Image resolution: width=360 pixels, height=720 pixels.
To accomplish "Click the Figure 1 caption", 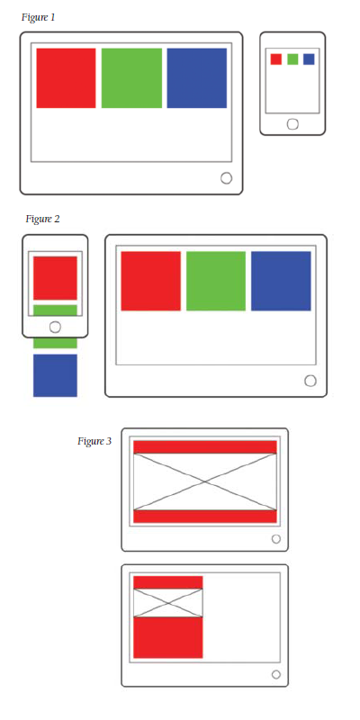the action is coord(39,17).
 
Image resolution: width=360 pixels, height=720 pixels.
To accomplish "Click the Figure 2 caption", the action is coord(42,219).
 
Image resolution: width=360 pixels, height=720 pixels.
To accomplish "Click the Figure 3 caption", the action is coord(94,442).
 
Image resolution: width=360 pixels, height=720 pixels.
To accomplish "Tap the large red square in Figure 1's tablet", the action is coord(66,78).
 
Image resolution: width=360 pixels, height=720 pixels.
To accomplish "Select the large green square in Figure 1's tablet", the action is coord(131,78).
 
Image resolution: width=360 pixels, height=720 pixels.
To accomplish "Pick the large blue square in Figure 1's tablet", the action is coord(197,78).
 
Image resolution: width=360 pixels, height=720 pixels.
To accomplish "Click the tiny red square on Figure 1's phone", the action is coord(276,59).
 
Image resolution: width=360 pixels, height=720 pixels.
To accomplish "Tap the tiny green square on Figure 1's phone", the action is coord(292,59).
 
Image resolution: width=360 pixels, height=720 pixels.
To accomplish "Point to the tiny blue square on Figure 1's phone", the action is coord(309,59).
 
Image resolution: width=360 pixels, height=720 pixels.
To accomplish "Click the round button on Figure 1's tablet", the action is coord(227,178).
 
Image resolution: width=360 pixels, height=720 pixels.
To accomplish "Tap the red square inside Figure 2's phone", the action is coord(55,278).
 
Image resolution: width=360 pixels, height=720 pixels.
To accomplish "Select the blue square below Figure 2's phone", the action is coord(55,375).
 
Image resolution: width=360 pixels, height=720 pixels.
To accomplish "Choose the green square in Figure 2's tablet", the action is coord(216,281).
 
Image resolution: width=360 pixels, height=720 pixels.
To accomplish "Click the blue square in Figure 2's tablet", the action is coord(281,281).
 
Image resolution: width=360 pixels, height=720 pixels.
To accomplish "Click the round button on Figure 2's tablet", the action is coord(310,381).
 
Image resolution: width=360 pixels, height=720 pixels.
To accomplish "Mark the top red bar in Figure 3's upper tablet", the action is coord(205,447).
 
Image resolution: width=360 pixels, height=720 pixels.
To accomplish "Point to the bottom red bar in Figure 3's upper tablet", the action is coord(205,516).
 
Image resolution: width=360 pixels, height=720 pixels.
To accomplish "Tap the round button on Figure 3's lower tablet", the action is coord(276,674).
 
